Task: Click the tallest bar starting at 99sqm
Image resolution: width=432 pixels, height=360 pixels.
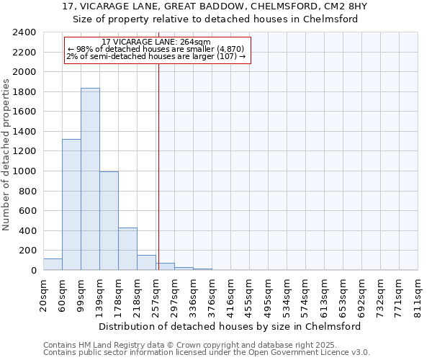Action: (x=90, y=179)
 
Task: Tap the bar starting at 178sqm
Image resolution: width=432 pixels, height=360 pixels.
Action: (x=127, y=249)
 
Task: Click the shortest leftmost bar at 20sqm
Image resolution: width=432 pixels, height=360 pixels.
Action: (x=53, y=264)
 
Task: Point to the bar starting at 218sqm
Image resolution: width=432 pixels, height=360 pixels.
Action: (x=146, y=263)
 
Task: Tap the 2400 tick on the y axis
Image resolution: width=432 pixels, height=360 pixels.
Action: (x=24, y=33)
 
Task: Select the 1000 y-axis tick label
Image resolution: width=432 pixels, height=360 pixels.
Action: (x=24, y=171)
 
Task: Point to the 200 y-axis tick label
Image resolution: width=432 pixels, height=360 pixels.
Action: (x=27, y=251)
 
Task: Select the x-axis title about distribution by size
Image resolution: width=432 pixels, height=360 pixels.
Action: (x=229, y=326)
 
